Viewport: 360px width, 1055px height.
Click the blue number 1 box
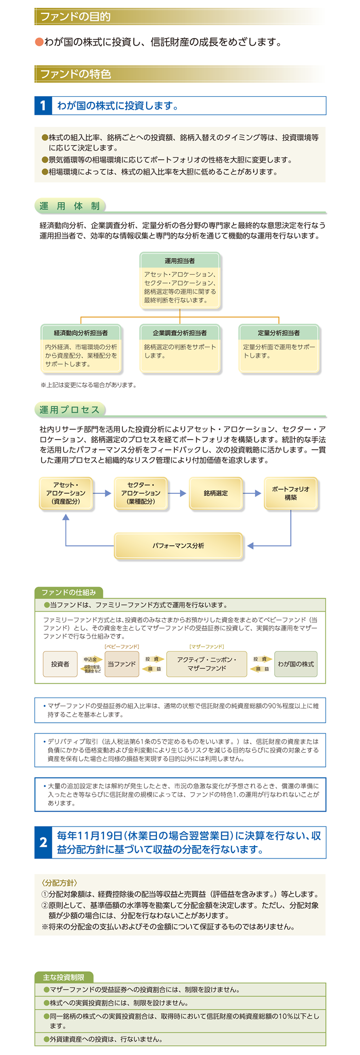tap(43, 106)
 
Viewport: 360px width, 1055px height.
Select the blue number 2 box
tap(43, 843)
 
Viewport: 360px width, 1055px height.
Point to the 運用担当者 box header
tap(179, 260)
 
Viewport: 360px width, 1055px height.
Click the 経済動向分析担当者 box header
tap(81, 332)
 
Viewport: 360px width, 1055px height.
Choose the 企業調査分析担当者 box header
tap(179, 332)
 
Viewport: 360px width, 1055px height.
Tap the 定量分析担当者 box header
tap(279, 332)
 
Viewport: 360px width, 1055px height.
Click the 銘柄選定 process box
tap(216, 493)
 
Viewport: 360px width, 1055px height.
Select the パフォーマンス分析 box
tap(178, 546)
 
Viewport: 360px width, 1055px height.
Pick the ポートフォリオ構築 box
tap(291, 493)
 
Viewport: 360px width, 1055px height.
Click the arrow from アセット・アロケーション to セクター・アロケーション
tap(103, 493)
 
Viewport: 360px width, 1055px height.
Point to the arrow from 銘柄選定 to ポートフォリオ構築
tap(253, 493)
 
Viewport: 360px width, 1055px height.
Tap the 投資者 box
tap(60, 664)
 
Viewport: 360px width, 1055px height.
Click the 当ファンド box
tap(121, 664)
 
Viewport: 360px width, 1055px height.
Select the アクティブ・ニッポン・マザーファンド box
tap(207, 664)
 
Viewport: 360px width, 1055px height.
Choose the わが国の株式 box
tap(296, 664)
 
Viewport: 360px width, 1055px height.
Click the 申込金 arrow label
tap(91, 659)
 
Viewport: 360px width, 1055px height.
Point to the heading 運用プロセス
tap(69, 410)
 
